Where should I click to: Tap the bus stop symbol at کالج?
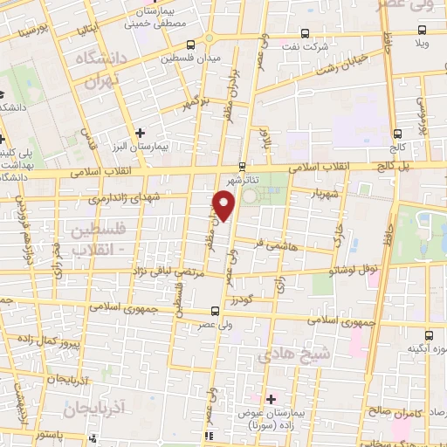pos(399,134)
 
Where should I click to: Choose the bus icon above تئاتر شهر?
pos(243,167)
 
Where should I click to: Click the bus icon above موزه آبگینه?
pos(428,334)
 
